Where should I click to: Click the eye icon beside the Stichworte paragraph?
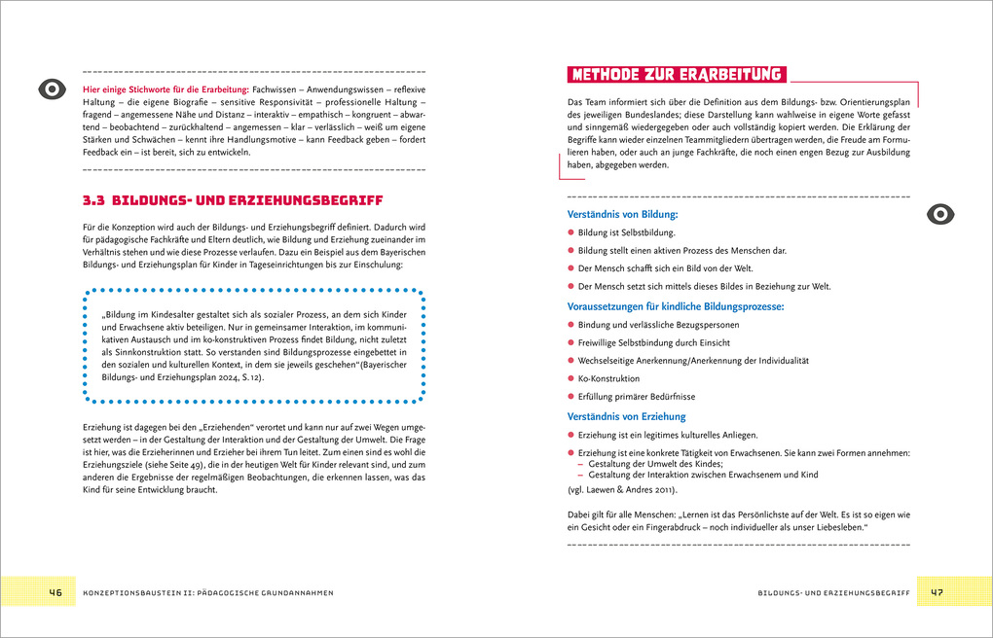point(51,89)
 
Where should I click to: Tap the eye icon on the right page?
point(940,214)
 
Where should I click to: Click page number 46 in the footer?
point(55,592)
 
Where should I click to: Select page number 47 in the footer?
point(937,592)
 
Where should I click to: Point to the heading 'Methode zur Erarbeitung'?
point(677,75)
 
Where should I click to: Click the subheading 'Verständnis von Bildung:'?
point(622,215)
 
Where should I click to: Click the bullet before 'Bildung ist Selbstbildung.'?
point(570,233)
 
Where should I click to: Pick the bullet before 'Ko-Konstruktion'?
point(570,378)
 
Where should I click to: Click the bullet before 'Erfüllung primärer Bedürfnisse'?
point(570,397)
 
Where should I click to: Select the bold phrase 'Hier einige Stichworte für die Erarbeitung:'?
point(165,89)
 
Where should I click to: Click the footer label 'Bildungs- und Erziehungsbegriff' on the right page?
point(832,592)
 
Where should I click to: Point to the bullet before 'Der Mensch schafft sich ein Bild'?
point(570,268)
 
